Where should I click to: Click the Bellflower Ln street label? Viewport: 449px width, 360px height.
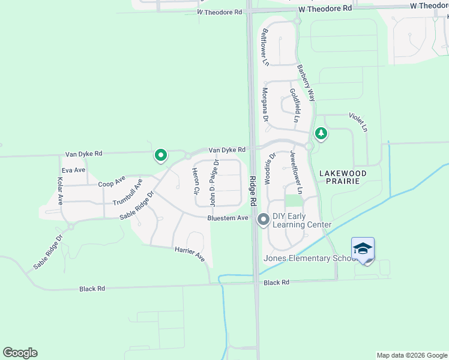(x=264, y=46)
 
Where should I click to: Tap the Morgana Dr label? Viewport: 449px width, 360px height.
(x=264, y=103)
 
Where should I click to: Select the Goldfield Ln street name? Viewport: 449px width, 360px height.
(x=294, y=106)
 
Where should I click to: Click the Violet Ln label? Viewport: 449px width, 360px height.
(x=360, y=122)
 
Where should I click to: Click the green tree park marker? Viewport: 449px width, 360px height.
(x=321, y=133)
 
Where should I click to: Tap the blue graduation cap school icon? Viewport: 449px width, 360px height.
(x=363, y=249)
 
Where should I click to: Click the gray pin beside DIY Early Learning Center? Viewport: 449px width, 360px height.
(x=263, y=221)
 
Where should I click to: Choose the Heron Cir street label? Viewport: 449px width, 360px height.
(x=195, y=182)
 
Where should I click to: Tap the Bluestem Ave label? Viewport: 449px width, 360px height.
(x=228, y=218)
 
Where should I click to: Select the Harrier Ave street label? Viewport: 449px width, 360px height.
(x=190, y=254)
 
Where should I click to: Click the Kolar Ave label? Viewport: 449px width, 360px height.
(x=60, y=190)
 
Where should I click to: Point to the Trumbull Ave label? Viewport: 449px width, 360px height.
(x=127, y=191)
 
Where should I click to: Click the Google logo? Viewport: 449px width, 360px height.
(x=20, y=353)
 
